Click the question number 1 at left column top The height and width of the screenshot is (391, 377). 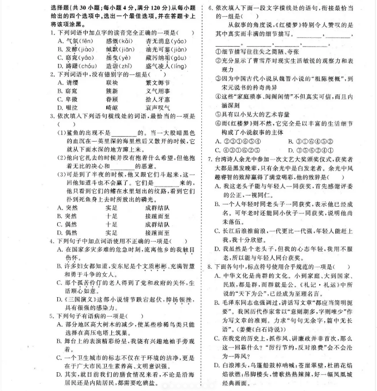52,33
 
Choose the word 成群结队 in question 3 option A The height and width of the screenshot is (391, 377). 157,207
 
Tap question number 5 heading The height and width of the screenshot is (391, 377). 52,314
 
